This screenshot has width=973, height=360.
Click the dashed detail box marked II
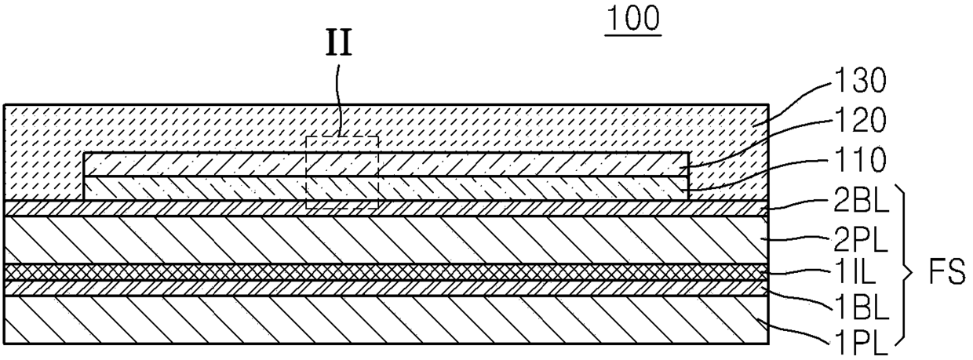coord(341,173)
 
